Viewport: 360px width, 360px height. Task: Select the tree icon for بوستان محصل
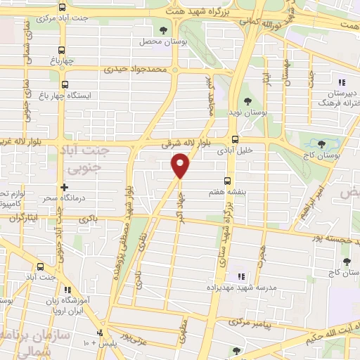pos(164,30)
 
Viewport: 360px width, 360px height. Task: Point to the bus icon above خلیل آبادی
pos(235,139)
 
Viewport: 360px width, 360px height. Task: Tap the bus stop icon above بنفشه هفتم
pos(226,181)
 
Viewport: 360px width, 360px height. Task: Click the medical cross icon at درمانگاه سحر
pos(64,188)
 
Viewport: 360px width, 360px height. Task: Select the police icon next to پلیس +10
pos(99,333)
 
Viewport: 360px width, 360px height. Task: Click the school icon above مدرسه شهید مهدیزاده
pos(240,276)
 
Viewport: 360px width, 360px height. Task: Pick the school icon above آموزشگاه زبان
pos(67,289)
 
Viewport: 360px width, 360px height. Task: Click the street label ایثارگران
pos(25,218)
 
